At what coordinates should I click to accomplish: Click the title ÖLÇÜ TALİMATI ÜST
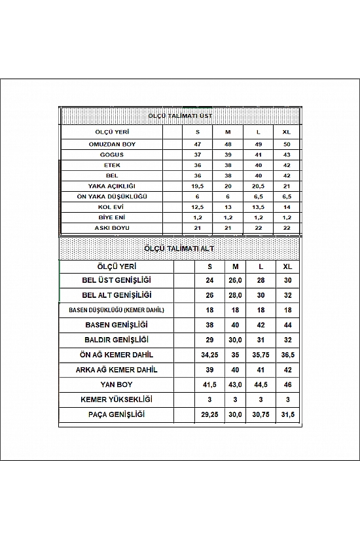coord(179,115)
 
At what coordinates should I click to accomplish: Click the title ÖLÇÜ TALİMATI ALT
coord(179,249)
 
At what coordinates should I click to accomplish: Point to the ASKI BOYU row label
coord(115,227)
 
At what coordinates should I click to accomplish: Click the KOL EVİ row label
coord(115,206)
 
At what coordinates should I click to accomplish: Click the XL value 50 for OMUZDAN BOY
coord(286,143)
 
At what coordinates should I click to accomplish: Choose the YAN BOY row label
coord(117,385)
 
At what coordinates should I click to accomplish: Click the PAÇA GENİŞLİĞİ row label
coord(117,415)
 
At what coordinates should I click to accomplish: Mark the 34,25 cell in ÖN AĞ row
coord(209,355)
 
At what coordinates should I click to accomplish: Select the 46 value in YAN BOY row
coord(287,385)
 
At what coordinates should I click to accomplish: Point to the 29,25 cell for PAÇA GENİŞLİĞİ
coord(209,415)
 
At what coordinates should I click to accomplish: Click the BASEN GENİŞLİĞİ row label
coord(117,325)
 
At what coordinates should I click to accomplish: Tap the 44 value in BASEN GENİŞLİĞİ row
coord(287,325)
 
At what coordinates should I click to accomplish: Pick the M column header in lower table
coord(236,266)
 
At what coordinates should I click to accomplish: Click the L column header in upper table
coord(258,132)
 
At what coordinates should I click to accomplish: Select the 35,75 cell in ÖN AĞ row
coord(261,355)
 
